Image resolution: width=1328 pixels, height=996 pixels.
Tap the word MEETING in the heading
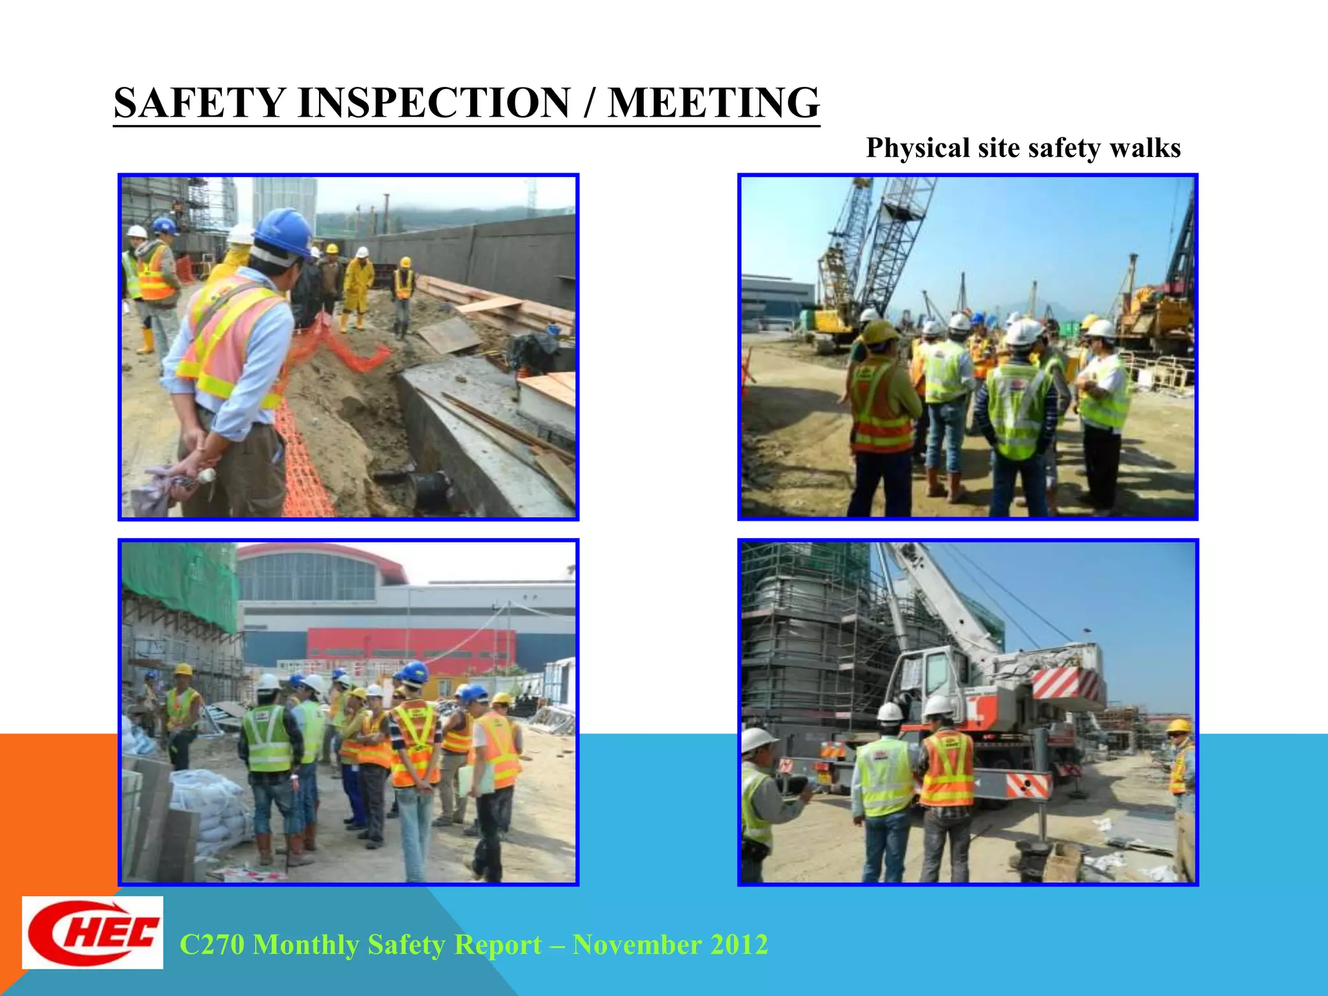point(714,103)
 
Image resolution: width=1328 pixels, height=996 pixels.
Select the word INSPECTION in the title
point(434,103)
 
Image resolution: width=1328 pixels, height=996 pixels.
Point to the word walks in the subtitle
point(1145,148)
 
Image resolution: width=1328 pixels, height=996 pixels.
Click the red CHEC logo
point(93,932)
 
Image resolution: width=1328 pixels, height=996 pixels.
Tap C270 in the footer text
point(211,945)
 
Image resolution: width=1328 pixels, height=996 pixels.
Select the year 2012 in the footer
point(739,945)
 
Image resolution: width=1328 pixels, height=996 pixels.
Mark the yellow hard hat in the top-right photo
point(879,331)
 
